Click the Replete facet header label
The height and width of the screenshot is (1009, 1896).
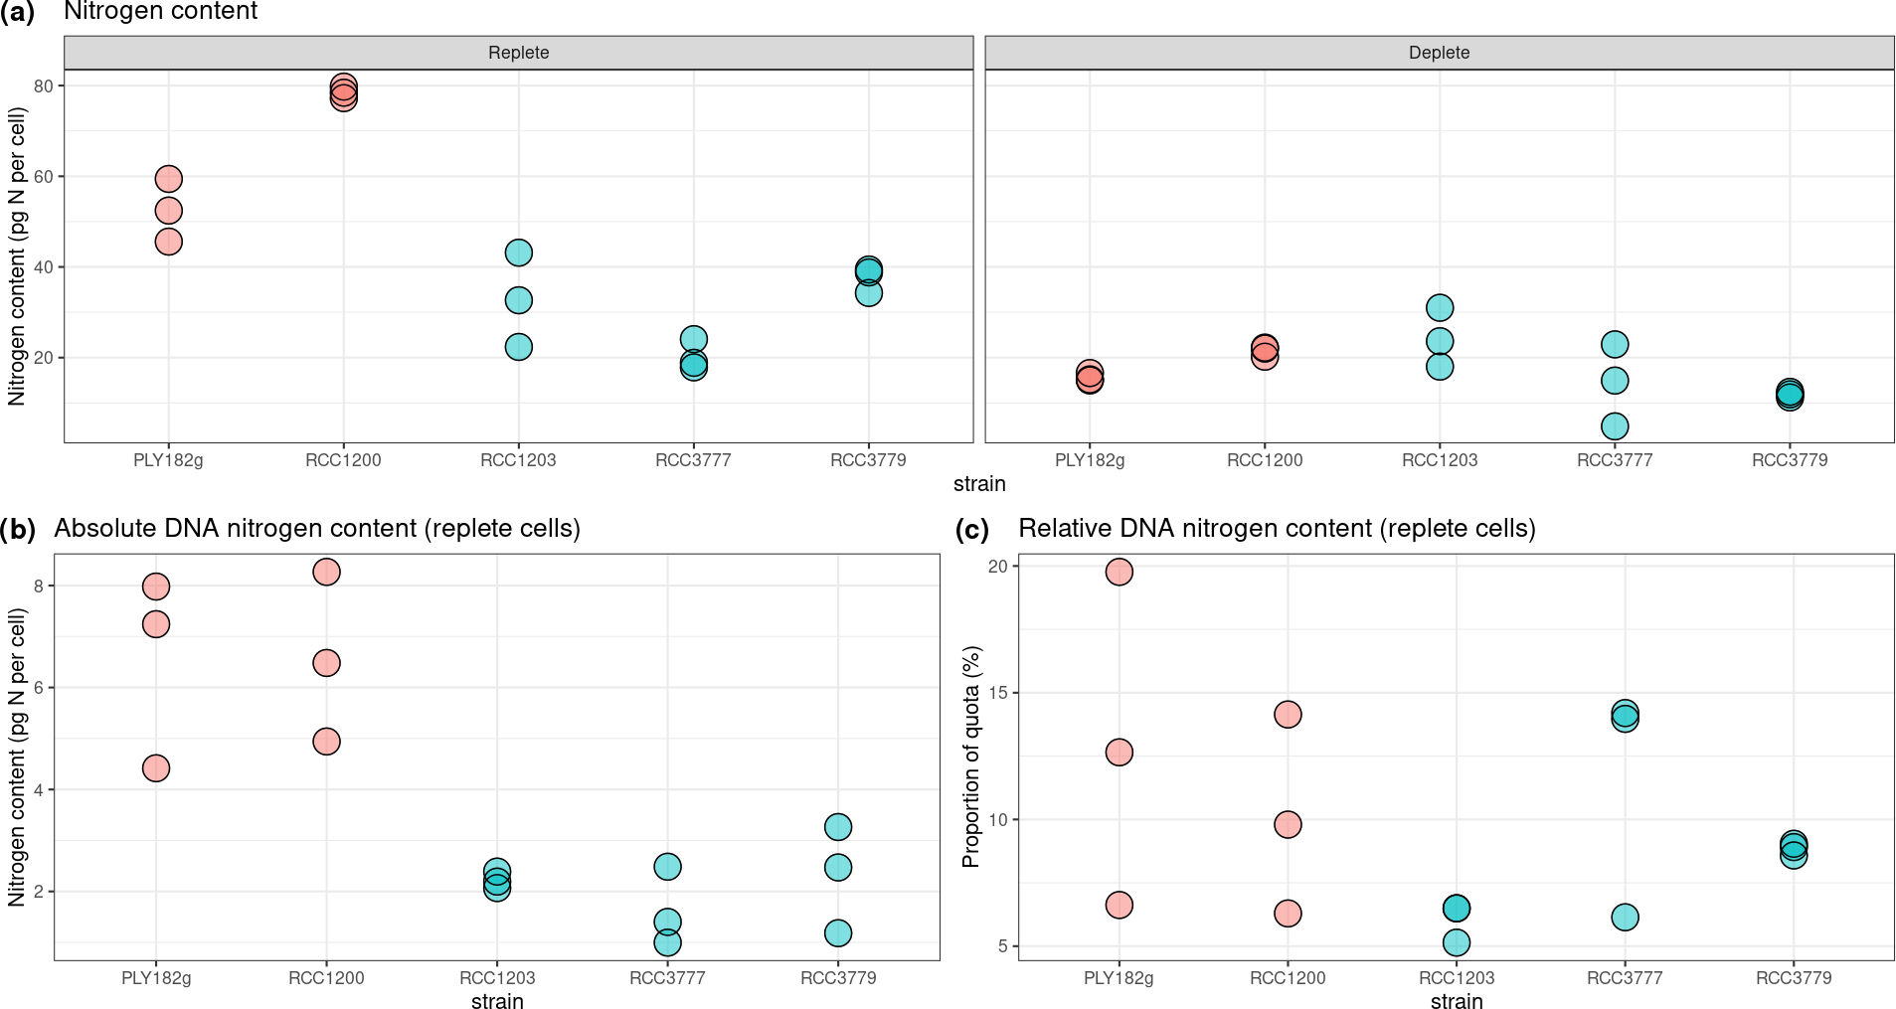pos(518,53)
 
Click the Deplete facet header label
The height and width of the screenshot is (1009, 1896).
pos(1439,53)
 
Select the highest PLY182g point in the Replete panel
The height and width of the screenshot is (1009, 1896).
pos(169,179)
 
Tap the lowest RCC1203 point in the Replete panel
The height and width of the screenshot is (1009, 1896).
pos(519,347)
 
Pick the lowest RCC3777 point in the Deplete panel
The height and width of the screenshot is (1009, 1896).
pos(1615,426)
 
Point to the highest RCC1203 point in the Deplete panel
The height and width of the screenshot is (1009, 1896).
pos(1440,308)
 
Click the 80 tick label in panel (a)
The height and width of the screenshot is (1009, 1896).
pos(43,86)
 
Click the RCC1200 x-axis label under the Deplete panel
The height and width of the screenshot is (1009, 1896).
pos(1265,460)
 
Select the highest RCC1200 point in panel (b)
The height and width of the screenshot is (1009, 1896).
pos(326,572)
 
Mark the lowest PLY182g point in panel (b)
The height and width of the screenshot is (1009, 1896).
pos(156,768)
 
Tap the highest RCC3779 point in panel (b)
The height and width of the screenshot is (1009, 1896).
pos(838,827)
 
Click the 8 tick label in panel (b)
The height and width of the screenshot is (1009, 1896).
pos(39,587)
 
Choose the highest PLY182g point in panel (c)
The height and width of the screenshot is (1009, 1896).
pos(1120,572)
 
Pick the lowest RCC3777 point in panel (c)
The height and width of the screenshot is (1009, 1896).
pos(1625,918)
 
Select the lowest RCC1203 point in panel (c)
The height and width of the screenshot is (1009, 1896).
pos(1457,942)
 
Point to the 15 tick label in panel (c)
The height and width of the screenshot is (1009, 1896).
pos(997,693)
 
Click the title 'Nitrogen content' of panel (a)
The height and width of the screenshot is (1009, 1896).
pos(160,12)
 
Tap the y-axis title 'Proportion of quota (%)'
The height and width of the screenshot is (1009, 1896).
pos(971,757)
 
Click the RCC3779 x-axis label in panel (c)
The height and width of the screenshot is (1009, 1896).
pos(1793,978)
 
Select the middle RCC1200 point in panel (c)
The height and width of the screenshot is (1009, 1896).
pos(1288,824)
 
